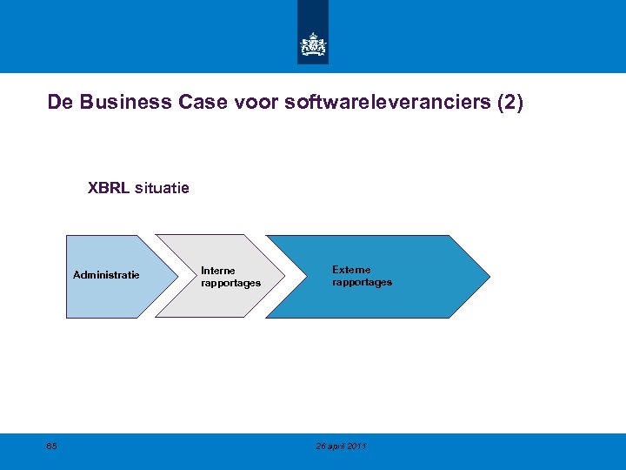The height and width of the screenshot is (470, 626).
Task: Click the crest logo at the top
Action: tap(313, 44)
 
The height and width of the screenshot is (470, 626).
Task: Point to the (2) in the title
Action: tap(509, 103)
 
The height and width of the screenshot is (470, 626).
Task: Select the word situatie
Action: tap(163, 187)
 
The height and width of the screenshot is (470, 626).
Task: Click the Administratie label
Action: tap(106, 275)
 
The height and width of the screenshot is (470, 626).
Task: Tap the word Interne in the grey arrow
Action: tap(217, 271)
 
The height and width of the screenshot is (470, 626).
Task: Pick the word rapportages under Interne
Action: tap(230, 283)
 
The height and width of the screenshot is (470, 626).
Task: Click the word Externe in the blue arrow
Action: tap(351, 270)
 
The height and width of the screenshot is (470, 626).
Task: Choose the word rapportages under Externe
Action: tap(362, 282)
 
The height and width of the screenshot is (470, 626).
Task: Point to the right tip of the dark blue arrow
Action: tap(489, 277)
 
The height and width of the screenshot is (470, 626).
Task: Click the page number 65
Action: tap(52, 446)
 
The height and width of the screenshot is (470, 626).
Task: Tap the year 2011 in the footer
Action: tap(356, 446)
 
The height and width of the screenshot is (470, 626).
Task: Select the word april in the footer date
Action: tap(336, 446)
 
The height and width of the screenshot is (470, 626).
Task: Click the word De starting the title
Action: tap(59, 103)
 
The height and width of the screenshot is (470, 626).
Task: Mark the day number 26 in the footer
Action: tap(321, 446)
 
